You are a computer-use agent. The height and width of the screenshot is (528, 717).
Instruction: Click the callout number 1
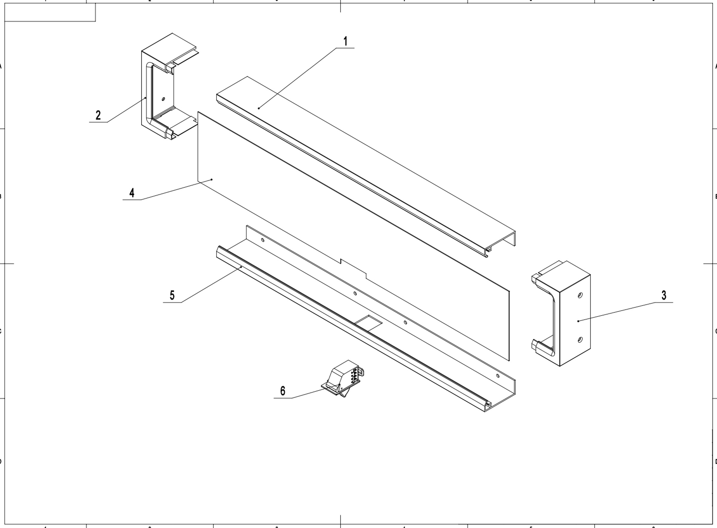point(345,41)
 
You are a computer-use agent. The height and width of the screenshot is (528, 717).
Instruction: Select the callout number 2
point(98,115)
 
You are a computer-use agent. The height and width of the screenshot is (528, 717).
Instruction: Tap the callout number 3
point(664,295)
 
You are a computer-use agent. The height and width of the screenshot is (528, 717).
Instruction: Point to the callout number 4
point(132,193)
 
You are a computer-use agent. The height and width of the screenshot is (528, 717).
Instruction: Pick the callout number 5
point(172,295)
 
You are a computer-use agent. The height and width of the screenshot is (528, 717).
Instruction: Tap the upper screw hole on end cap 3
point(580,295)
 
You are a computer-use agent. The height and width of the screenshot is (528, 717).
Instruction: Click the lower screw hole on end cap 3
point(580,340)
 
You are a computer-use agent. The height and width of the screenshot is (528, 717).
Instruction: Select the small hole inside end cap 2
point(164,99)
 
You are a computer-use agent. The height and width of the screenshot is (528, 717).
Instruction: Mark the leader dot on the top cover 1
point(259,108)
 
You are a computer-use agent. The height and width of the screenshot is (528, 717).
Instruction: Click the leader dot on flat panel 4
point(212,180)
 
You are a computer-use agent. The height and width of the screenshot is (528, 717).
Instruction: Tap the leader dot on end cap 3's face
point(578,321)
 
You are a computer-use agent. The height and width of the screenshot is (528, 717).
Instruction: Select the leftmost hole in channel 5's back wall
point(263,240)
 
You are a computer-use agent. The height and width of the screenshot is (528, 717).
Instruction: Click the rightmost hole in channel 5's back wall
point(497,376)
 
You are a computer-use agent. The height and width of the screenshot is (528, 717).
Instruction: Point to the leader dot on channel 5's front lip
point(241,267)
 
